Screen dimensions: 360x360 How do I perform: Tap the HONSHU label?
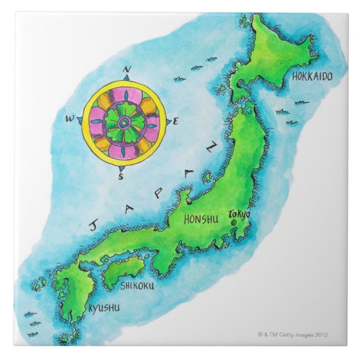(201, 220)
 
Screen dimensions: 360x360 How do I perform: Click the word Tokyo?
(240, 214)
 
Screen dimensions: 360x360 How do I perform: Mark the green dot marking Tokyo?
(233, 223)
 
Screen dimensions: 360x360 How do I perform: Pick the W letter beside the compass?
(70, 119)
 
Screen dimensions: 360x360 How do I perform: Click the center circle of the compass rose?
(125, 122)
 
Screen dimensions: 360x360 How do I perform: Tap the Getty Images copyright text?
(293, 335)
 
